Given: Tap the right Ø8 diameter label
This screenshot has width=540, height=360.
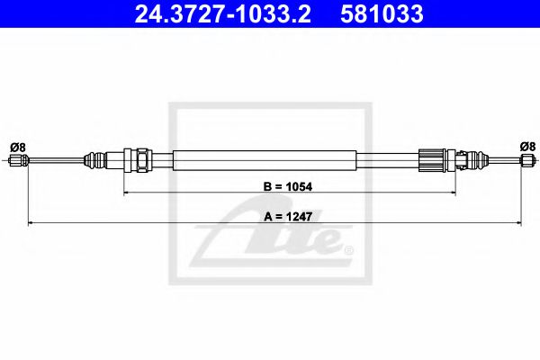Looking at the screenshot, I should coord(527,146).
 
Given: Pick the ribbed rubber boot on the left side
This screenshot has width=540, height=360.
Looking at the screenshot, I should coord(94,162).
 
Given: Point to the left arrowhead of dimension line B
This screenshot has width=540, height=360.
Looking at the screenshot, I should coord(127,192).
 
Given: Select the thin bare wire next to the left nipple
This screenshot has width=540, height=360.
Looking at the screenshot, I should coord(54,162).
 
